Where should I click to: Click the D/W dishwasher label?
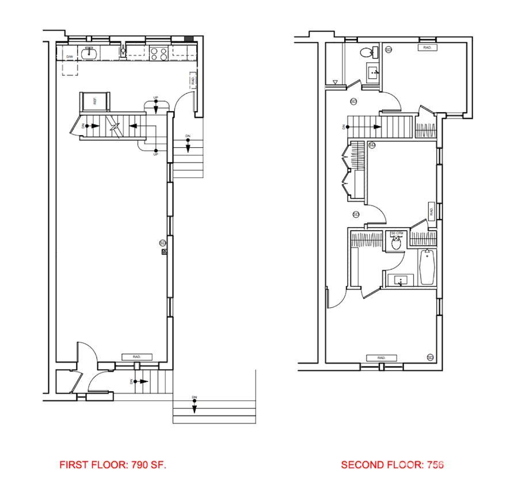pos(69,56)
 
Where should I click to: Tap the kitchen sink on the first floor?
pos(89,53)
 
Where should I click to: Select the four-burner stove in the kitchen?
pos(158,54)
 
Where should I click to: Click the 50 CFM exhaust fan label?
pos(396,234)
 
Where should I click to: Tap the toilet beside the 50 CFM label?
pos(396,243)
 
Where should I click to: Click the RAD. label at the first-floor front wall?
pos(136,357)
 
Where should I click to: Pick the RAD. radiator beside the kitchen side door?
pos(192,81)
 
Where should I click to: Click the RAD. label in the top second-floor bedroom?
pos(427,48)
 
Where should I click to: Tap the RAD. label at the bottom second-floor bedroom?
pos(381,358)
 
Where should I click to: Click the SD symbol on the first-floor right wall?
pos(163,243)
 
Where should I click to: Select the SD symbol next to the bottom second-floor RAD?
pos(430,357)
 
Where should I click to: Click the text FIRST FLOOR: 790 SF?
pos(113,465)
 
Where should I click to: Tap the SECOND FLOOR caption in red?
pos(391,465)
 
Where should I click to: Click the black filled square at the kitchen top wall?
pos(188,39)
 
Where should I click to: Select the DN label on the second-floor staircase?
pos(345,127)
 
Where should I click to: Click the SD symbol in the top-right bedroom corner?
pos(389,49)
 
